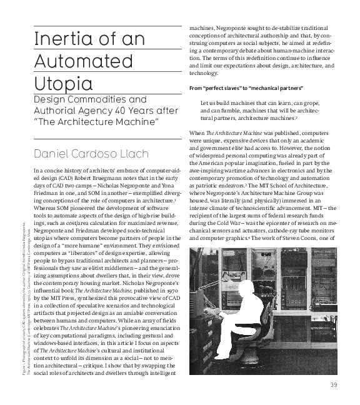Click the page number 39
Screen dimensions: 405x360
334,384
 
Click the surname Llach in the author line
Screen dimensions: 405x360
136,154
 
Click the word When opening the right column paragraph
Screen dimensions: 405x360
196,133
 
